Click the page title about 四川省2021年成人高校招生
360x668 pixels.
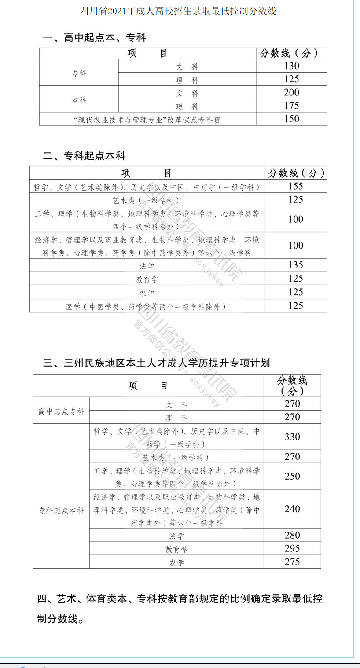point(178,11)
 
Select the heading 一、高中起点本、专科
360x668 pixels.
point(94,38)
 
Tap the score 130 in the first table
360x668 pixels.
point(291,66)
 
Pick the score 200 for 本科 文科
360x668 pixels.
point(291,92)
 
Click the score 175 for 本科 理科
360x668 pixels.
point(291,106)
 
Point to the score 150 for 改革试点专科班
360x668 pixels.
point(291,119)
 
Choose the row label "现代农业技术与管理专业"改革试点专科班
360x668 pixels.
point(147,120)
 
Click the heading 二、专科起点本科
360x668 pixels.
point(84,156)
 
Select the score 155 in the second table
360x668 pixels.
point(296,186)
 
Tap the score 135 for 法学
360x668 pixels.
point(296,265)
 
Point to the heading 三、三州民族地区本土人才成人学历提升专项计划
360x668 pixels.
point(157,363)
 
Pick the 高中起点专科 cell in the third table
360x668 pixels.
point(61,411)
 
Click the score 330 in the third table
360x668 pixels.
point(292,437)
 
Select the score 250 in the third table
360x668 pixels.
point(292,476)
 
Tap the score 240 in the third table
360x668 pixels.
point(292,509)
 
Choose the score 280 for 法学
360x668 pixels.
point(292,535)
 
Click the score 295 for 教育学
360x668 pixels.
point(292,548)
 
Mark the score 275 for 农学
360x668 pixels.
point(292,562)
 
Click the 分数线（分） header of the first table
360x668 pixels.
point(291,53)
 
